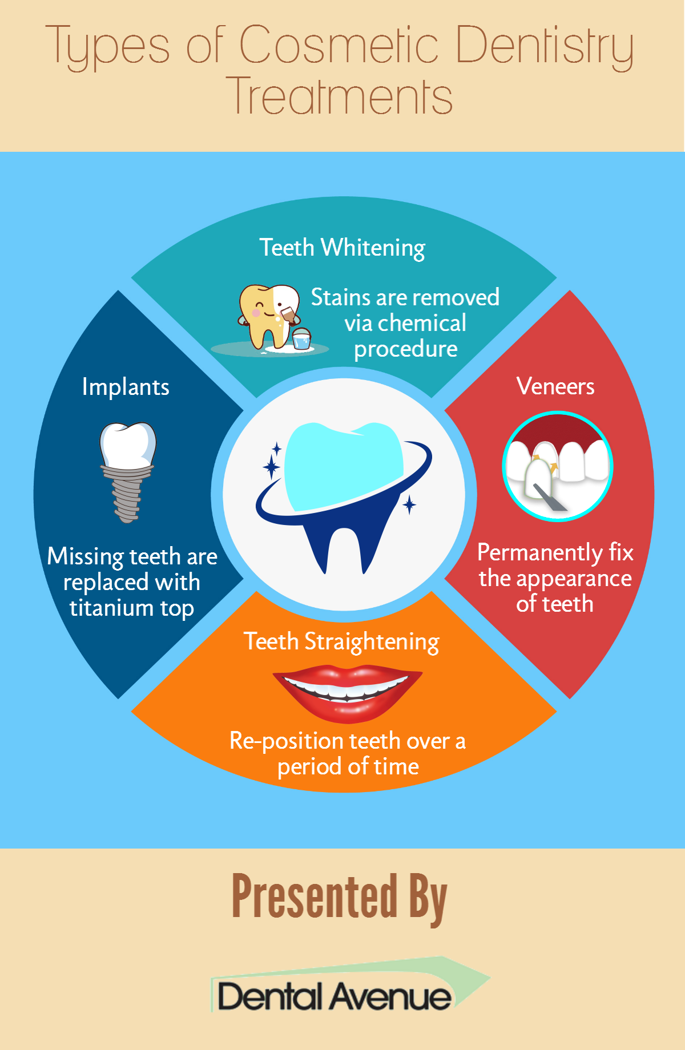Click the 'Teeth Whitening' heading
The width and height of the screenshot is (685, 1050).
pos(342,248)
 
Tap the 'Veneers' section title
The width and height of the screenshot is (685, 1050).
pos(555,386)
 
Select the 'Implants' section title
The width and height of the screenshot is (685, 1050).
pos(126,387)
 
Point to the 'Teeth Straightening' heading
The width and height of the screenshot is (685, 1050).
pos(341,641)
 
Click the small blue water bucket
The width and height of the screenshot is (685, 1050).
pos(301,338)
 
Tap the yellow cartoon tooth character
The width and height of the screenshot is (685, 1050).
pos(268,317)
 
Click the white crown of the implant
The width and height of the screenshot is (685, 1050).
pos(128,446)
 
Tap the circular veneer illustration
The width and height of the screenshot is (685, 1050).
pos(558,466)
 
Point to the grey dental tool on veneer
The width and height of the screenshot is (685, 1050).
pos(549,496)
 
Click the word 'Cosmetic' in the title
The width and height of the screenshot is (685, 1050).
pos(339,45)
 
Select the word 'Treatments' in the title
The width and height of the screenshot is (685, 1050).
pos(340,96)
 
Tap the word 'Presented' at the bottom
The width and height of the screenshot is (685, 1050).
pos(315,896)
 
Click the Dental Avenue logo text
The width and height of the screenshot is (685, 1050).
pos(335,996)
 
